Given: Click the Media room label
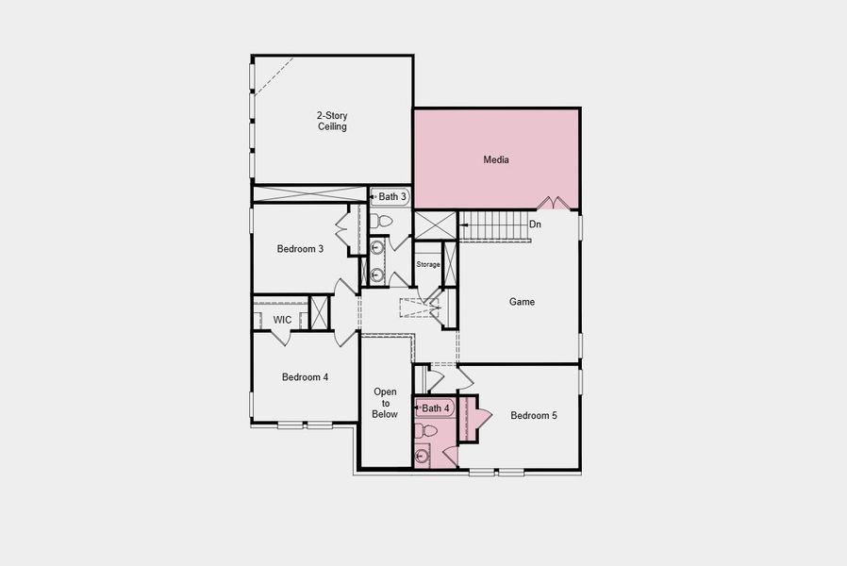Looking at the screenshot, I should pos(496,159).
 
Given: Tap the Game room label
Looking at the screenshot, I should pos(522,302).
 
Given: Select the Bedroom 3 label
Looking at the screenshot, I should pos(300,249).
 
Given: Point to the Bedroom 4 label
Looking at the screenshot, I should pos(305,376).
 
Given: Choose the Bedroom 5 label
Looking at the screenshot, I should pos(534,414).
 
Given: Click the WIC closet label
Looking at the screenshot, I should pos(282,320).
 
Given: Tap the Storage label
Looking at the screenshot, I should pos(428,264).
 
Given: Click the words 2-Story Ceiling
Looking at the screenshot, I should pos(331,121).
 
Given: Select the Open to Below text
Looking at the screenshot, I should pos(385,403).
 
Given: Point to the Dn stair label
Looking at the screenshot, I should pos(535,225).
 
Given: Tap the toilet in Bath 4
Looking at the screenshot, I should pos(427,431).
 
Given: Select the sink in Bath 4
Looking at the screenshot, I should pos(423,457).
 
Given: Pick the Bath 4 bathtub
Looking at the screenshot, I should pos(435,408).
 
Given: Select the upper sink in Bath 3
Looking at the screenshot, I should pos(377,249).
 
